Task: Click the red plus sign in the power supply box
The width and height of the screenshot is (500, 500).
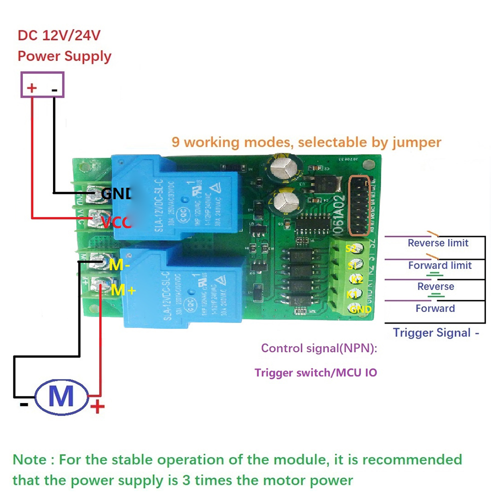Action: [31, 88]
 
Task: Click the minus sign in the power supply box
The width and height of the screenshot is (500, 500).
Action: [54, 90]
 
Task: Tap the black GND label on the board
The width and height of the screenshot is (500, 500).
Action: [116, 193]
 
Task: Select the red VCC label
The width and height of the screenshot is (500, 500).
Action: [116, 222]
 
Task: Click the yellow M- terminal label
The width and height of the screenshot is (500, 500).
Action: [119, 265]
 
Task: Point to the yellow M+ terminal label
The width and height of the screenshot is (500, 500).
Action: [123, 290]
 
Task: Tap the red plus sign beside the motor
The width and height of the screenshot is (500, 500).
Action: [97, 407]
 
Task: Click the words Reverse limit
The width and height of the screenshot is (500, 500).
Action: [438, 243]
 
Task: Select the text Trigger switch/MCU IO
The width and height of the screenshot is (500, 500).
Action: [315, 372]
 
